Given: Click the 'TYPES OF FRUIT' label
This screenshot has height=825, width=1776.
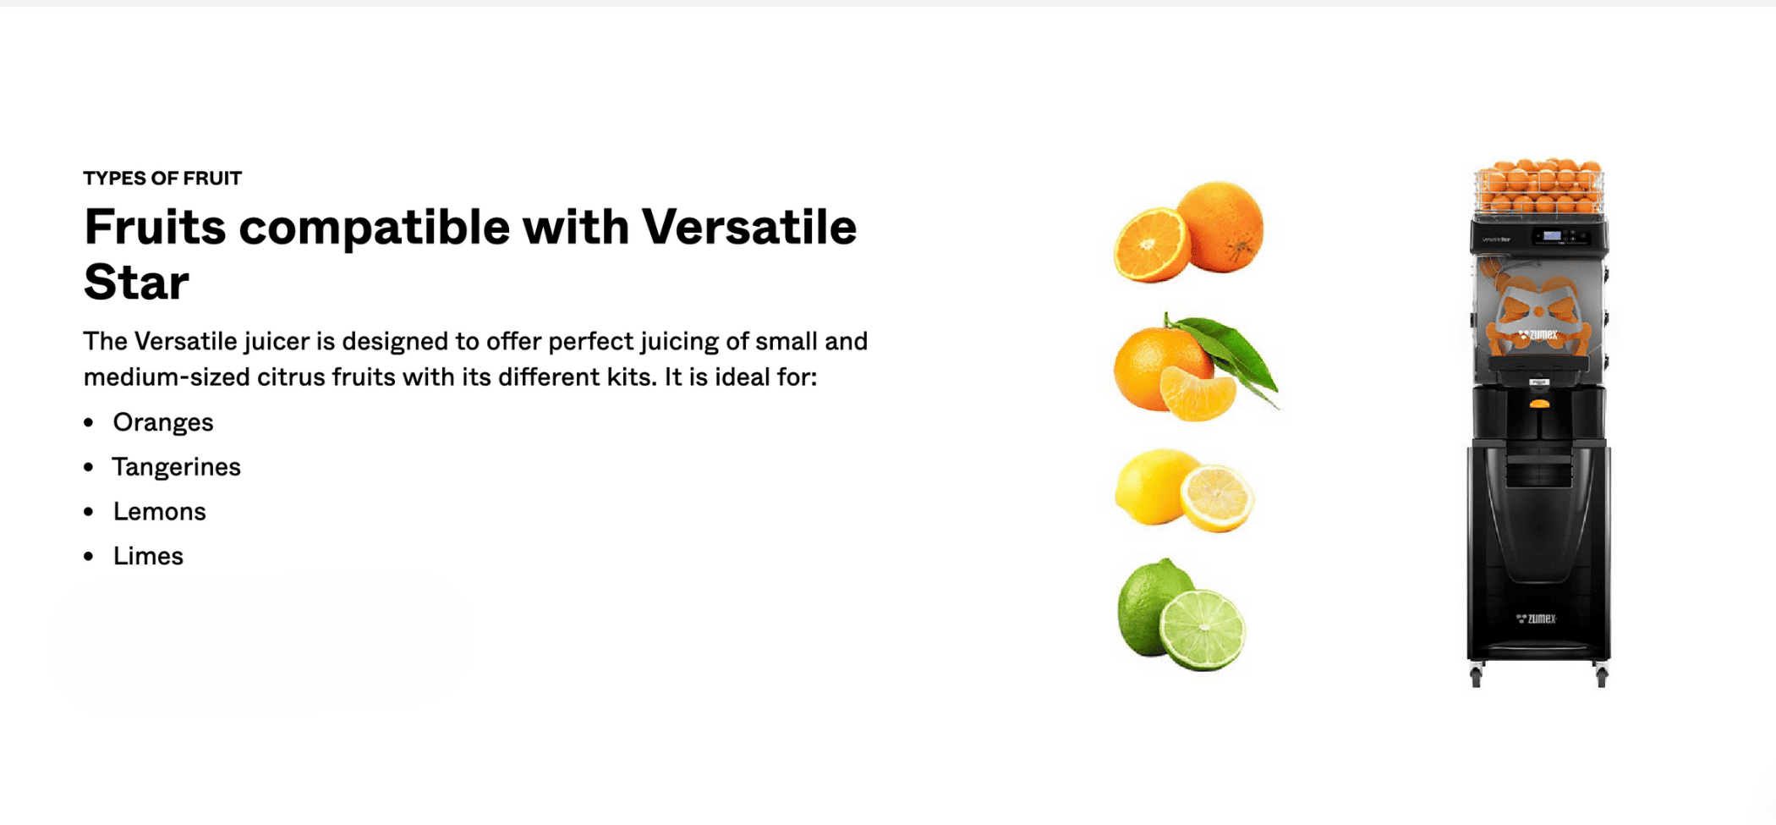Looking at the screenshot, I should pos(162,178).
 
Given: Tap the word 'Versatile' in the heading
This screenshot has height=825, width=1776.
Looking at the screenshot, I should pos(749,227).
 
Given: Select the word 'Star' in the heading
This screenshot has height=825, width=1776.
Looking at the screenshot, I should pos(136,282).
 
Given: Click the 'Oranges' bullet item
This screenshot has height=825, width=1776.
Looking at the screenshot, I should pos(162,422).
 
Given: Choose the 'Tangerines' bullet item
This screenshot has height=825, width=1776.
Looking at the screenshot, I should pos(176,467).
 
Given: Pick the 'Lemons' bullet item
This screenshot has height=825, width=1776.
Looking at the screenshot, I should pos(159,512).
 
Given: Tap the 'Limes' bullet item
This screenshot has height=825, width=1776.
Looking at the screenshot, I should pos(148,556).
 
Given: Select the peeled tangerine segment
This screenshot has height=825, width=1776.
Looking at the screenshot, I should pos(1198,393).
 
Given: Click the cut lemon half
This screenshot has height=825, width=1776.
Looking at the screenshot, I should pos(1217,498).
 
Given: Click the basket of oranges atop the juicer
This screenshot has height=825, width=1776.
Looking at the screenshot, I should pos(1538,186).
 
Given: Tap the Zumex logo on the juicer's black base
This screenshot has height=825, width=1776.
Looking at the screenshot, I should pos(1537,619).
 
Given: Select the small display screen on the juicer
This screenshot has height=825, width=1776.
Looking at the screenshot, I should pos(1552,236).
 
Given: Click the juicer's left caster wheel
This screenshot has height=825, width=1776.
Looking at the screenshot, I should pos(1476,678).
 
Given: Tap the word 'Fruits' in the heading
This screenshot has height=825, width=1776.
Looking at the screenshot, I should pos(155,227).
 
